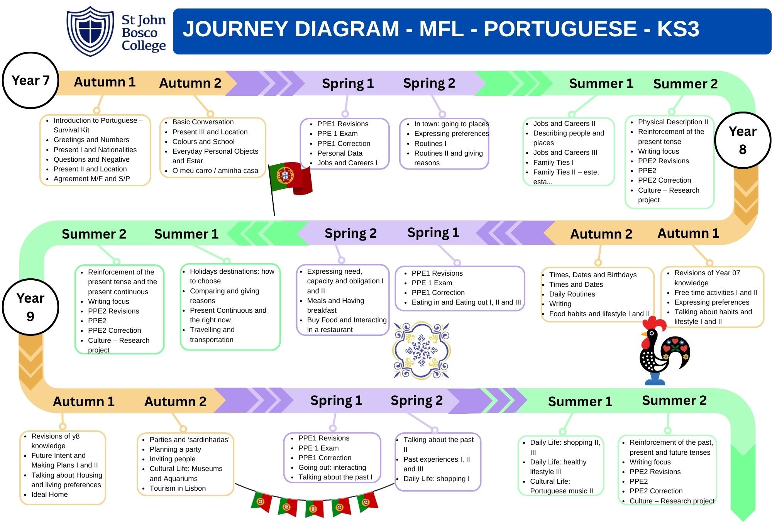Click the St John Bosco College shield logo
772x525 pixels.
point(90,31)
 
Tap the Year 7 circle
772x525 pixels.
point(30,80)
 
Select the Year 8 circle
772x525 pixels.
point(742,140)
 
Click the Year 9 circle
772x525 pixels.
point(30,307)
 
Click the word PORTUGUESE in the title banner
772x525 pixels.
point(560,29)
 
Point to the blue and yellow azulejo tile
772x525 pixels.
point(421,350)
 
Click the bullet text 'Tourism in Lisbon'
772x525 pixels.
point(178,488)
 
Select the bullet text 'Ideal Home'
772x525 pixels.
point(49,495)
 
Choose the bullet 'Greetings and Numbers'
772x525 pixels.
point(91,140)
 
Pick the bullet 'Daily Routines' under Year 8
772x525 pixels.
point(572,294)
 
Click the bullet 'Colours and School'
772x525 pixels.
point(203,142)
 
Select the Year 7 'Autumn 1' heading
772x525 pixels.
point(105,82)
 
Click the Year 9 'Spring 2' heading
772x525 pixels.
point(416,401)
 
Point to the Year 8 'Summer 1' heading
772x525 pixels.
point(186,234)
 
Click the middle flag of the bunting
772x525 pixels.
point(314,508)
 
